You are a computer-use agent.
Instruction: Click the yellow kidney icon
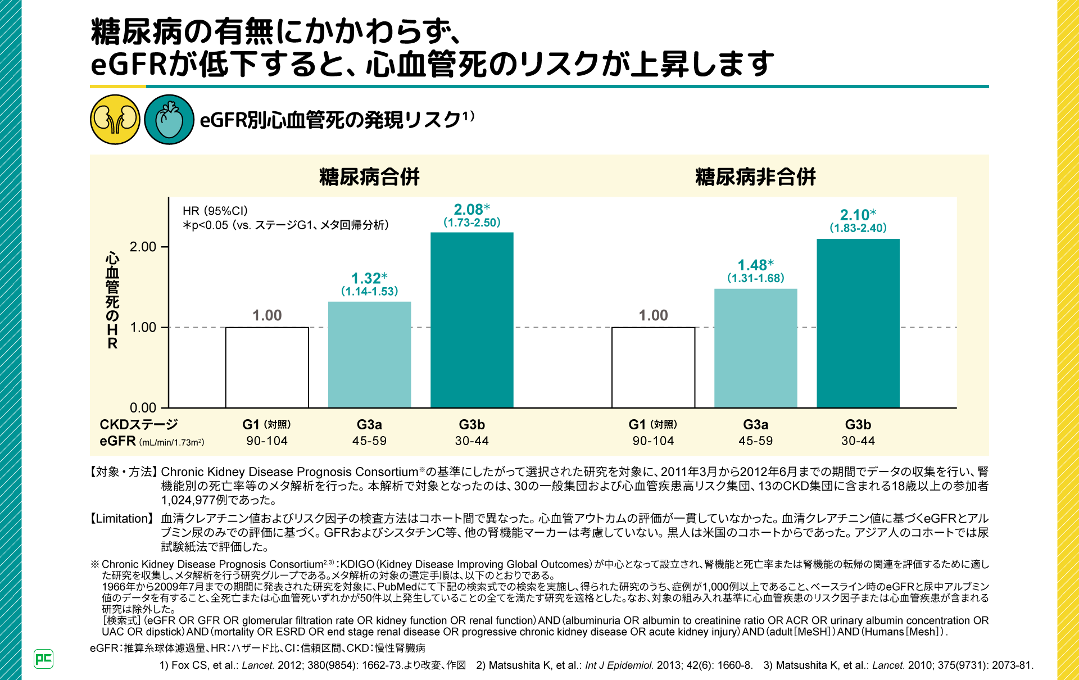pyautogui.click(x=115, y=120)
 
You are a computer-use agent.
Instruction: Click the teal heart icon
pyautogui.click(x=169, y=120)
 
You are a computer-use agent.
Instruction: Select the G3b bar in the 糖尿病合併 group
pyautogui.click(x=472, y=320)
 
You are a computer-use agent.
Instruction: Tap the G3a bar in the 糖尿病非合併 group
pyautogui.click(x=755, y=348)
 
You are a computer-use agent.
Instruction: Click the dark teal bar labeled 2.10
pyautogui.click(x=858, y=323)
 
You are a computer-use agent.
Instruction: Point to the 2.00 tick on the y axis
pyautogui.click(x=143, y=247)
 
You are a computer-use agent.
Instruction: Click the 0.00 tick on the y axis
pyautogui.click(x=143, y=407)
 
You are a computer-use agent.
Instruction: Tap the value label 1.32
pyautogui.click(x=366, y=278)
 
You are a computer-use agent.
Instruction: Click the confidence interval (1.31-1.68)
pyautogui.click(x=755, y=278)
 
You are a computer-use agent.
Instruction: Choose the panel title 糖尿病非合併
pyautogui.click(x=755, y=177)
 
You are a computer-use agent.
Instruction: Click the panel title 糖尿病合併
pyautogui.click(x=369, y=177)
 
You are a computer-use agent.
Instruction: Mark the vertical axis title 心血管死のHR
pyautogui.click(x=112, y=301)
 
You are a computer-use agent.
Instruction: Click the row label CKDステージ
pyautogui.click(x=138, y=424)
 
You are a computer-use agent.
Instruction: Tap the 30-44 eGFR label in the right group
pyautogui.click(x=858, y=441)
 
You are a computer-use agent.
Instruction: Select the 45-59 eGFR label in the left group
pyautogui.click(x=369, y=441)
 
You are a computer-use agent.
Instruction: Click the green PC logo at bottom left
pyautogui.click(x=43, y=659)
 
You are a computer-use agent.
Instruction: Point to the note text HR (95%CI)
pyautogui.click(x=215, y=211)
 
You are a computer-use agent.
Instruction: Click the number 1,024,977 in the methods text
pyautogui.click(x=190, y=500)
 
